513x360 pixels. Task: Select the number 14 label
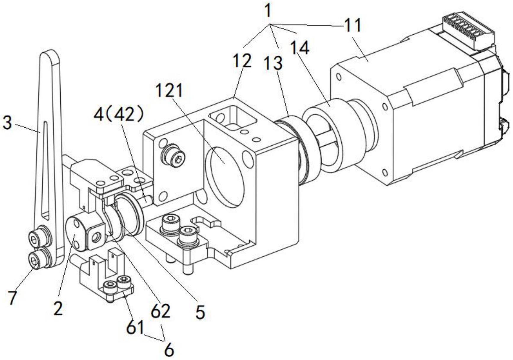pyautogui.click(x=300, y=48)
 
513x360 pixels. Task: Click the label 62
pyautogui.click(x=161, y=311)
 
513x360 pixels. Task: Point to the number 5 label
pyautogui.click(x=200, y=312)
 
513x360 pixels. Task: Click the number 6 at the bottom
pyautogui.click(x=169, y=351)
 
